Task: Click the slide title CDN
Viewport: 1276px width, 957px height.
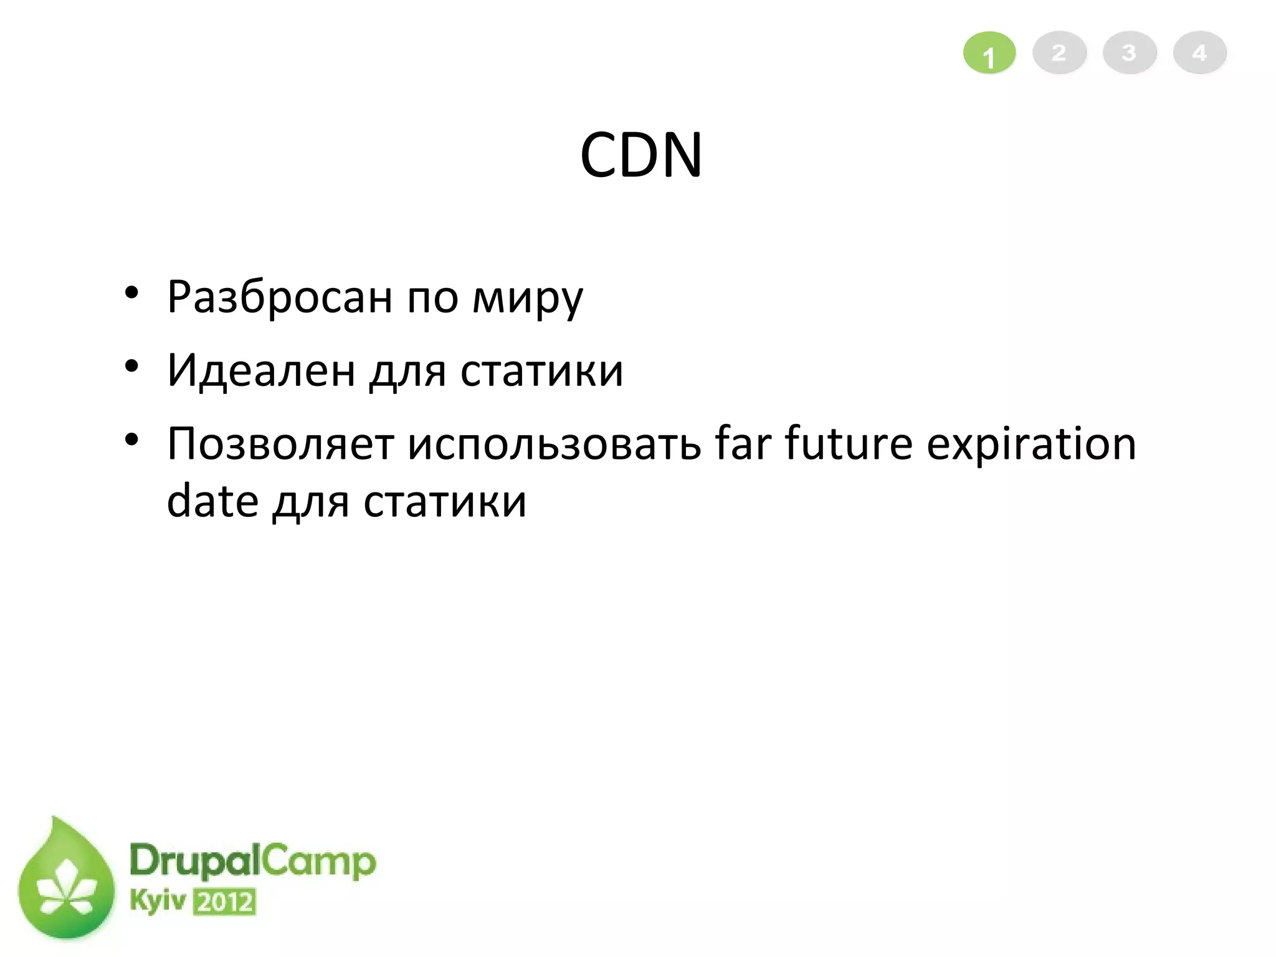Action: [x=640, y=155]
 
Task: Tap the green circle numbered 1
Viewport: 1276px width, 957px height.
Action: [x=989, y=54]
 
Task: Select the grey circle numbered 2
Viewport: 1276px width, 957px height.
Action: [x=1059, y=52]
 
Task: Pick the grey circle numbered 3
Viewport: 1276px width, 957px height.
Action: [x=1130, y=52]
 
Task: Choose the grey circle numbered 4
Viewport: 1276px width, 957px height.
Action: [x=1200, y=52]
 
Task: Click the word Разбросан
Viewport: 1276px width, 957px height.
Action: [x=280, y=297]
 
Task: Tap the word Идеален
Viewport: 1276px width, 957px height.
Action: [x=261, y=370]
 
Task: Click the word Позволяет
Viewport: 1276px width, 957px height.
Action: [x=280, y=444]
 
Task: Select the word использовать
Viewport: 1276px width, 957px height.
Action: [x=555, y=444]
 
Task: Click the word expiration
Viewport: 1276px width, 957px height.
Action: [x=1031, y=444]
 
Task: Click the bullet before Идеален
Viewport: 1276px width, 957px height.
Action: [x=131, y=366]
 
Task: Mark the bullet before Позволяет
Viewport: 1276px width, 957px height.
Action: [x=131, y=440]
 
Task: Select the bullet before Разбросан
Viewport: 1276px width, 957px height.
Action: [x=131, y=292]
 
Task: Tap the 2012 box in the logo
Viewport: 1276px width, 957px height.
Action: [x=224, y=902]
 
